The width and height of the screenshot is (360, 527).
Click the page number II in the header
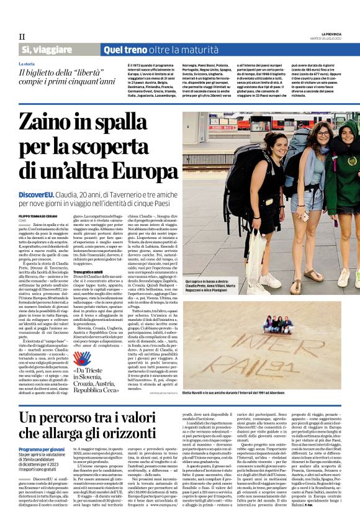[22, 37]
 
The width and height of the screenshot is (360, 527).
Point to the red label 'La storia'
[27, 64]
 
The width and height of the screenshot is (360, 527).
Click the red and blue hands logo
[82, 358]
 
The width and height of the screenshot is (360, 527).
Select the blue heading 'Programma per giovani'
[42, 448]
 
